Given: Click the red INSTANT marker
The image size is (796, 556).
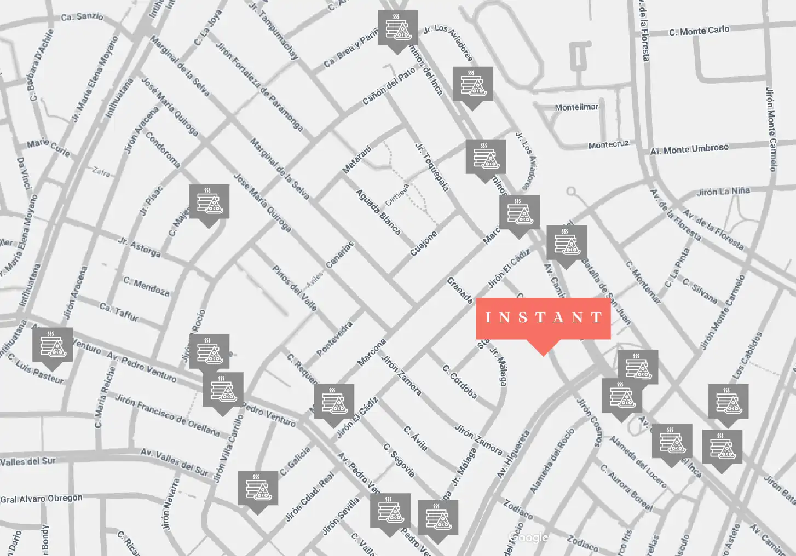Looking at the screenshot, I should pyautogui.click(x=543, y=318).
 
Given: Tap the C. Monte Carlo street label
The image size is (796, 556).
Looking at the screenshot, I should pyautogui.click(x=699, y=31).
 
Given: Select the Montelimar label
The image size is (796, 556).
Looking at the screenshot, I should pyautogui.click(x=576, y=107).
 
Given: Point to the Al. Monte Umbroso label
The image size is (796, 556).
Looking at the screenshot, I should pyautogui.click(x=689, y=149).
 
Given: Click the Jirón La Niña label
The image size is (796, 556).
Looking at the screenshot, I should pyautogui.click(x=723, y=192).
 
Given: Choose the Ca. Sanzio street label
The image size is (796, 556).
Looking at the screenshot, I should pyautogui.click(x=82, y=16).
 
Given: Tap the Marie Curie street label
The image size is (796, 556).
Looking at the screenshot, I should pyautogui.click(x=49, y=147).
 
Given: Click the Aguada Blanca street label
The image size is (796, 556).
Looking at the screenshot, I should pyautogui.click(x=378, y=212).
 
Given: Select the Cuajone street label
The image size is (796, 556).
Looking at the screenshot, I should pyautogui.click(x=424, y=243).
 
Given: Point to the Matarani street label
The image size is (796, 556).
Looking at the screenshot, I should pyautogui.click(x=357, y=159).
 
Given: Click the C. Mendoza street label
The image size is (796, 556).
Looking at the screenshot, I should pyautogui.click(x=146, y=286).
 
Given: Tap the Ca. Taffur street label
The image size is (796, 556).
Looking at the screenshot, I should pyautogui.click(x=119, y=311).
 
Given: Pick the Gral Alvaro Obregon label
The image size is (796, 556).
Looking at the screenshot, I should pyautogui.click(x=42, y=499).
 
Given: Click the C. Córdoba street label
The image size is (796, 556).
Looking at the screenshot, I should pyautogui.click(x=460, y=381).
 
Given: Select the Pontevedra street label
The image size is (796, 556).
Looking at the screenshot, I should pyautogui.click(x=334, y=338).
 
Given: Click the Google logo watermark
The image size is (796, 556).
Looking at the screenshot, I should pyautogui.click(x=528, y=537).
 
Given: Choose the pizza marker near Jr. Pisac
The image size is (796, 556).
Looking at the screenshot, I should pyautogui.click(x=209, y=202).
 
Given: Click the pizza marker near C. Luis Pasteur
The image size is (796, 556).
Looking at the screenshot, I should pyautogui.click(x=53, y=346).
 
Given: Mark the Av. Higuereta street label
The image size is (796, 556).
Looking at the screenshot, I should pyautogui.click(x=514, y=454).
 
